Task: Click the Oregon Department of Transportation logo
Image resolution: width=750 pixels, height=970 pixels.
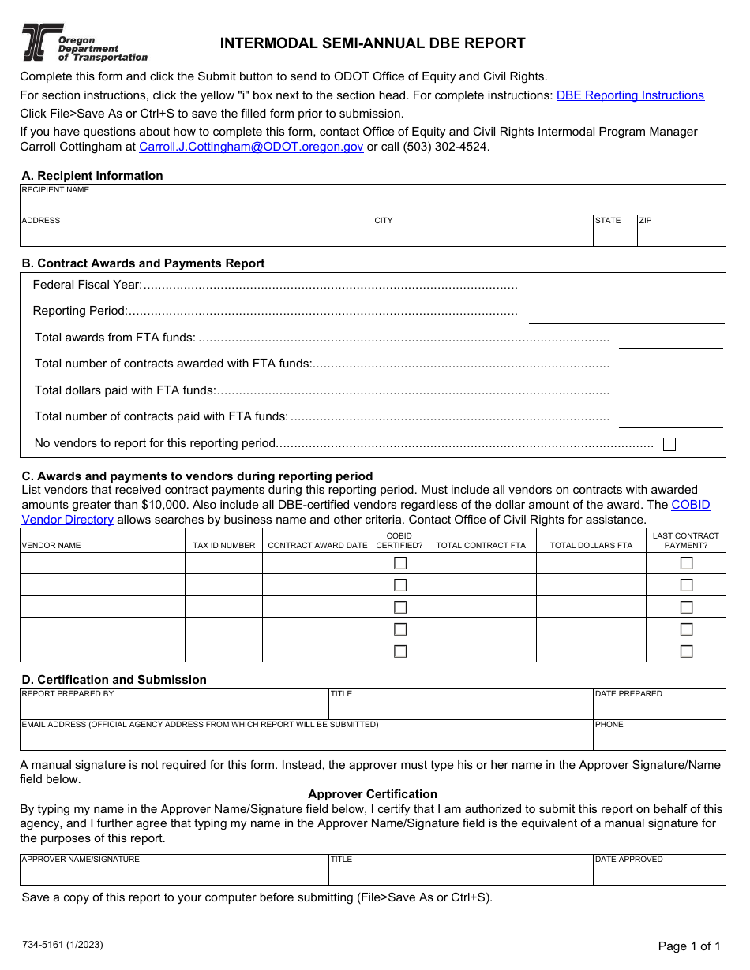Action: pyautogui.click(x=84, y=43)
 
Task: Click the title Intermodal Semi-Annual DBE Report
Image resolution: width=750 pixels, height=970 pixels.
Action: pyautogui.click(x=373, y=43)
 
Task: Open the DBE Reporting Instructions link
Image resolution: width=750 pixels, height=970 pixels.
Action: pyautogui.click(x=630, y=95)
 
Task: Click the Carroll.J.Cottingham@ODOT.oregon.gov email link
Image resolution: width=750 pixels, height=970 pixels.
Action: pyautogui.click(x=251, y=147)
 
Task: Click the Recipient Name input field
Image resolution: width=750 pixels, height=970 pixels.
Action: pyautogui.click(x=373, y=203)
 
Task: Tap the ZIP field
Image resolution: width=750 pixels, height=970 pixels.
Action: pyautogui.click(x=681, y=234)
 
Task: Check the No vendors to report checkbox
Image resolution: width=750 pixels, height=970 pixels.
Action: pyautogui.click(x=669, y=444)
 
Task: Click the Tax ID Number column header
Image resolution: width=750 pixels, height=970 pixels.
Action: pyautogui.click(x=223, y=545)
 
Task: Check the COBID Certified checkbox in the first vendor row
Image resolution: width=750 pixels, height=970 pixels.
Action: pyautogui.click(x=400, y=563)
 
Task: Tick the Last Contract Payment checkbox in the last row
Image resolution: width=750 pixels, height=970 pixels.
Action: pyautogui.click(x=687, y=651)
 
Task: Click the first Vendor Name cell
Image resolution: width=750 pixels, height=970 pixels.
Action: pyautogui.click(x=103, y=563)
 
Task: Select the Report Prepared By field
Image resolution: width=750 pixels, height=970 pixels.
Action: pyautogui.click(x=174, y=707)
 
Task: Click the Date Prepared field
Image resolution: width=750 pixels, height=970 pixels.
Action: pyautogui.click(x=658, y=707)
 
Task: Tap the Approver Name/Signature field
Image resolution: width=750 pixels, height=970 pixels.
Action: pyautogui.click(x=174, y=873)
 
